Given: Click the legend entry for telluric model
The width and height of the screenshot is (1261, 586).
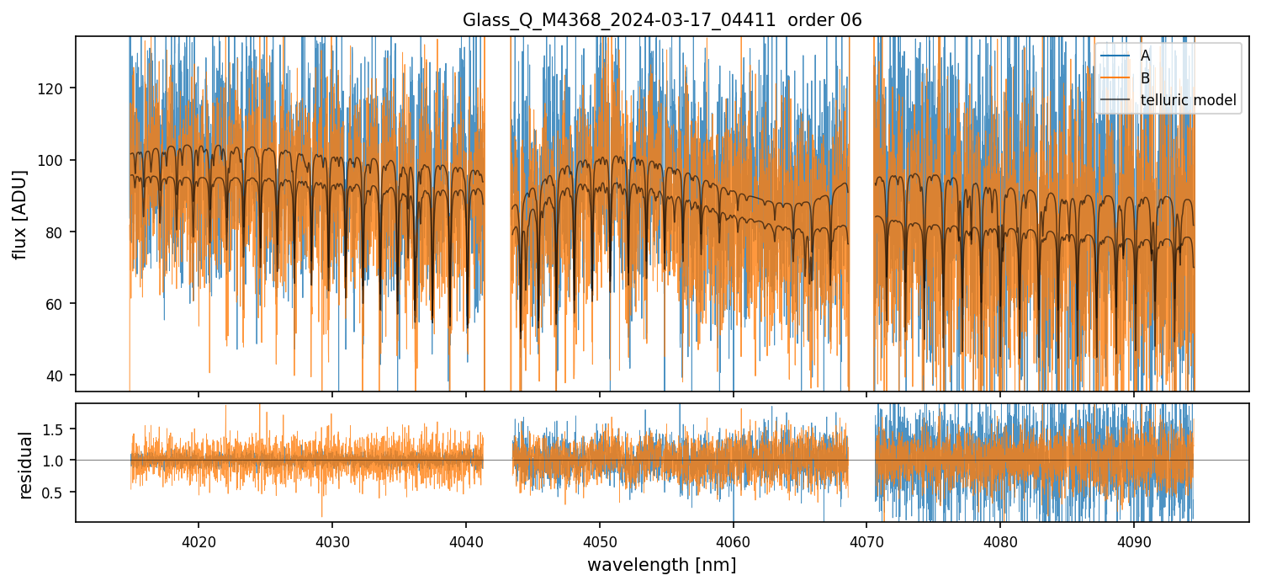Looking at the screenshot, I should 1188,100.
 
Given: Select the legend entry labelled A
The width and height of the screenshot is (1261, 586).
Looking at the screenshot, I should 1145,56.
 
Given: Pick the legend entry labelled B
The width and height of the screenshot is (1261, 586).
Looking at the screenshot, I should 1145,78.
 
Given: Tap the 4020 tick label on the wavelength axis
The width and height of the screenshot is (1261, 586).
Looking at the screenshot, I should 199,539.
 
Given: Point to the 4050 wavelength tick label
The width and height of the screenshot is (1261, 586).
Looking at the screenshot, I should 599,539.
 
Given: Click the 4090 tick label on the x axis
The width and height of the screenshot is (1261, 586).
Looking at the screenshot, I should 1133,539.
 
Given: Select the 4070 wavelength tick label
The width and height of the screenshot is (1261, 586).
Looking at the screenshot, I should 866,539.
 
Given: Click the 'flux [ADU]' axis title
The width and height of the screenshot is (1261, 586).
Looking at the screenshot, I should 19,214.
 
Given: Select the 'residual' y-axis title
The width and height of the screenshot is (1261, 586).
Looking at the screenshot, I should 26,465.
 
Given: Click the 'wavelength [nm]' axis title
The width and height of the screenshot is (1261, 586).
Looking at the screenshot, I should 662,565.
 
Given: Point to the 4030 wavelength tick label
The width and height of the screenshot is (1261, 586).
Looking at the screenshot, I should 332,539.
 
